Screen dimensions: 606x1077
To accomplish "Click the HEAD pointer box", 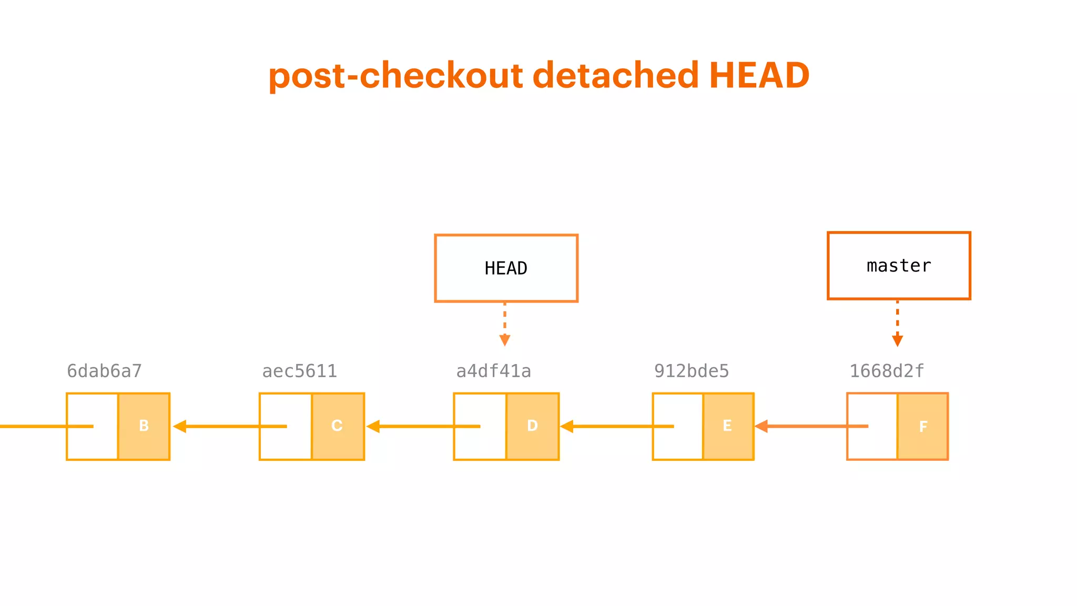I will point(506,268).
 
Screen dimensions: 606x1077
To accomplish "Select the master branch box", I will point(899,266).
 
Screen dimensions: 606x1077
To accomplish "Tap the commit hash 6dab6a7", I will point(104,371).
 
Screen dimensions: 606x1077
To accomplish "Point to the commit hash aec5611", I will point(299,371).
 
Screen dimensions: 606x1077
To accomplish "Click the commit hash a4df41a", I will point(493,371).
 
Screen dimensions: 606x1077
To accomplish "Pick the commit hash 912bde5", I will point(692,371).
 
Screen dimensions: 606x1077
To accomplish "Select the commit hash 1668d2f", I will point(887,371).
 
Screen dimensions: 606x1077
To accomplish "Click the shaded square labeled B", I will point(144,426).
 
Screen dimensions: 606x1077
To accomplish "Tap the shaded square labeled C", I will point(338,426).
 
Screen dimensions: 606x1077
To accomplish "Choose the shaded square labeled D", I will point(532,426).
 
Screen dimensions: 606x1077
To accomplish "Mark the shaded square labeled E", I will point(728,426).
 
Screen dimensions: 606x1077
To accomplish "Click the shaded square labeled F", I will point(923,427).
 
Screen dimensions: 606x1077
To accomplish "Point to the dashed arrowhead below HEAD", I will point(505,340).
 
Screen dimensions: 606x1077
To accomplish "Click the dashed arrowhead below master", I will point(898,340).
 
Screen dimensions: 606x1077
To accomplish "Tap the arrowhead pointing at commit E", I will point(761,426).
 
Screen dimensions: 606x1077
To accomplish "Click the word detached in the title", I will point(616,75).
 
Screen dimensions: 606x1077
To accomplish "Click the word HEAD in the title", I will point(759,75).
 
